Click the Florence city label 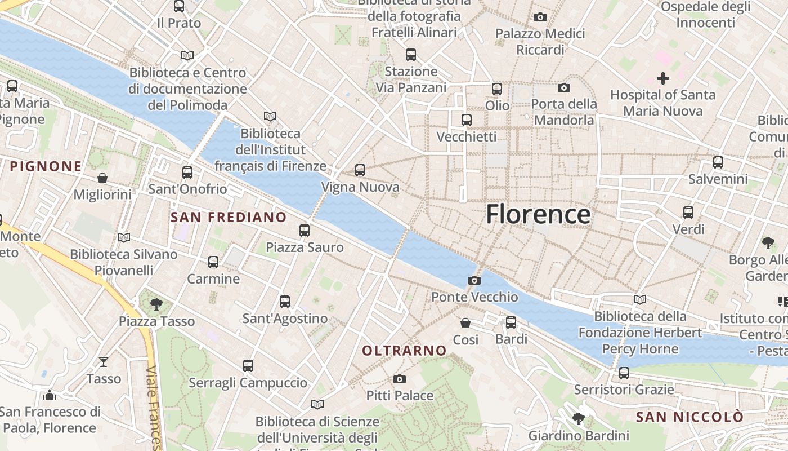[538, 214]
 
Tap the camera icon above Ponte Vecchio [474, 280]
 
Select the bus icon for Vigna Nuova [360, 170]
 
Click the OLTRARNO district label [404, 351]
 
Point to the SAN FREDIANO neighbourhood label [229, 217]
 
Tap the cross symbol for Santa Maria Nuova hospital [663, 78]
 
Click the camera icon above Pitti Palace [400, 379]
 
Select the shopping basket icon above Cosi [465, 323]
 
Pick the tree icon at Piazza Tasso [156, 305]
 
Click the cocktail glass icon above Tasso [104, 362]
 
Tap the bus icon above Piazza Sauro [305, 230]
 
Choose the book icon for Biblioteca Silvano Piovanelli [124, 238]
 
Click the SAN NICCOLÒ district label [689, 417]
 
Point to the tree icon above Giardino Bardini [578, 419]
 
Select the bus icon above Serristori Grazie [624, 373]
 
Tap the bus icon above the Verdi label [688, 213]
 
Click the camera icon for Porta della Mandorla [564, 87]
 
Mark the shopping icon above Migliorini [102, 178]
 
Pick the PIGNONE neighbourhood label [46, 166]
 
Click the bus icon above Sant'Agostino [285, 302]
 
